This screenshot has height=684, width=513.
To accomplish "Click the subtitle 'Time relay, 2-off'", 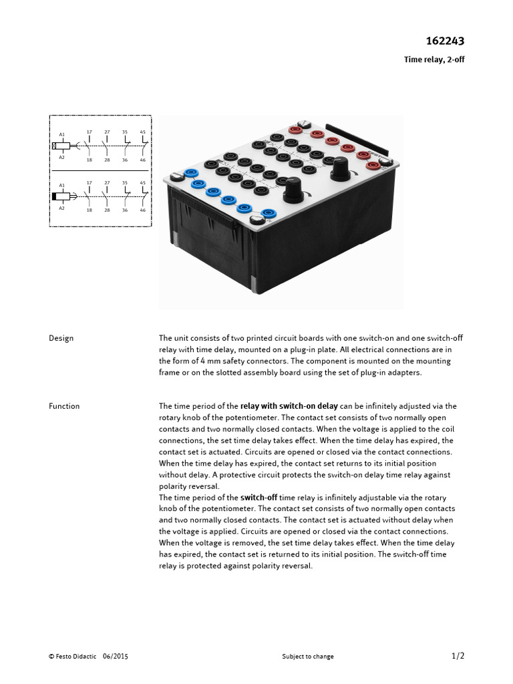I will click(x=434, y=59).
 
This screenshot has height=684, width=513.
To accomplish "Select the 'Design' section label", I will click(x=61, y=338).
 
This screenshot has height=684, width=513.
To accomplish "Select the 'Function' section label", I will click(x=64, y=406).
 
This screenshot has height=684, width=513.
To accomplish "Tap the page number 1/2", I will click(x=458, y=655).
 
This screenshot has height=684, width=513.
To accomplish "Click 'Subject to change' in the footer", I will click(x=308, y=657).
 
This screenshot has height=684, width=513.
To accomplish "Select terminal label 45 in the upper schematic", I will click(x=142, y=132).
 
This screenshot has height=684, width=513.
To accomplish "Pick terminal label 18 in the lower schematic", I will click(x=89, y=210).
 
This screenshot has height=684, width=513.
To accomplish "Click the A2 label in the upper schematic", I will click(x=62, y=157).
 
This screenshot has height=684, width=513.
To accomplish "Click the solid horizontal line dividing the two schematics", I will click(x=100, y=170).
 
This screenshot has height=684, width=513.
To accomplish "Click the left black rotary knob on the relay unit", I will click(x=292, y=192).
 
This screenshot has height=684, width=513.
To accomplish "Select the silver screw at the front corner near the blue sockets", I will click(x=254, y=222).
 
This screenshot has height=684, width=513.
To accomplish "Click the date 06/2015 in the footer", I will click(x=116, y=657).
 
